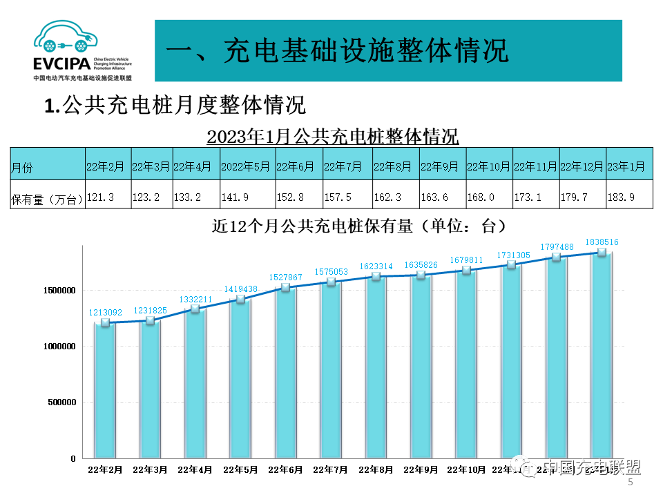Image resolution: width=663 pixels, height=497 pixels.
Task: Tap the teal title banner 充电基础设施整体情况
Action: point(387,50)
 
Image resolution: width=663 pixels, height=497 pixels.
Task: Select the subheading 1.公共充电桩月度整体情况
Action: point(175,106)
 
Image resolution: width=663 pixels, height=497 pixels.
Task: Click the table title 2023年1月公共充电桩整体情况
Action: point(332,136)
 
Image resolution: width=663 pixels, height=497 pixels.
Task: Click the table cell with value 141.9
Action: point(247,197)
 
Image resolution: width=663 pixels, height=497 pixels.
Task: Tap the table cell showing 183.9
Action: point(628,197)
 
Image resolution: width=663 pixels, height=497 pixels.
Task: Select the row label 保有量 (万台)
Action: point(47,199)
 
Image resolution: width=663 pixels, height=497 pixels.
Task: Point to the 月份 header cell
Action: point(47,166)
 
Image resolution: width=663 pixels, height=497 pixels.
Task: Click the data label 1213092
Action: point(107,312)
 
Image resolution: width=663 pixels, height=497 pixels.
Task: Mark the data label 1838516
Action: point(602,242)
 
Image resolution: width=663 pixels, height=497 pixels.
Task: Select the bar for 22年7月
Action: point(331,369)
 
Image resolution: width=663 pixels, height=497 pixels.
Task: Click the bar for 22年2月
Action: point(105,390)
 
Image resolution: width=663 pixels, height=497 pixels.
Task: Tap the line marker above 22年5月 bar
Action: point(240,299)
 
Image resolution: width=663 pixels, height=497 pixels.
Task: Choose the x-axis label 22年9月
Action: point(421,469)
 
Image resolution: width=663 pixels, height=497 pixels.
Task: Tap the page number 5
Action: point(630,483)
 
